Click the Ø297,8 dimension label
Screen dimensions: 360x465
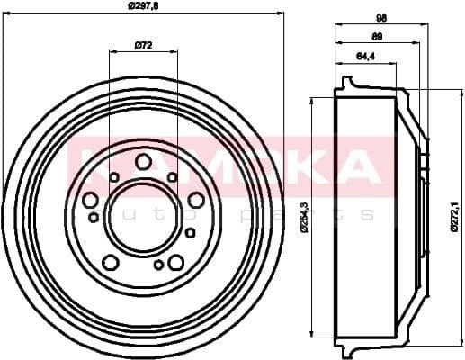pos(144,6)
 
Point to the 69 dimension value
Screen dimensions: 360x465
pos(377,37)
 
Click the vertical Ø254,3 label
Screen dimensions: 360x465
pos(306,217)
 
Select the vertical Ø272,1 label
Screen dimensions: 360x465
pos(453,217)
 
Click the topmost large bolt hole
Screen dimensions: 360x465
pos(144,162)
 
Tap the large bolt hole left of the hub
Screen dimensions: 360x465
pos(91,201)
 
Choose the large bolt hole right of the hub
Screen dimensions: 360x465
pos(196,200)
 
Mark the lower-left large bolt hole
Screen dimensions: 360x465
pos(111,262)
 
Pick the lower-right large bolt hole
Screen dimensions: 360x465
pos(176,262)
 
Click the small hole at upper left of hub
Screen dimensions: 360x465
pos(114,177)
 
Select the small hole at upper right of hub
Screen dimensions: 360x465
pos(173,177)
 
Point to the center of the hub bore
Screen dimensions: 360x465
pos(143,217)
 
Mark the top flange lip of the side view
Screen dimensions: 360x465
pos(347,84)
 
